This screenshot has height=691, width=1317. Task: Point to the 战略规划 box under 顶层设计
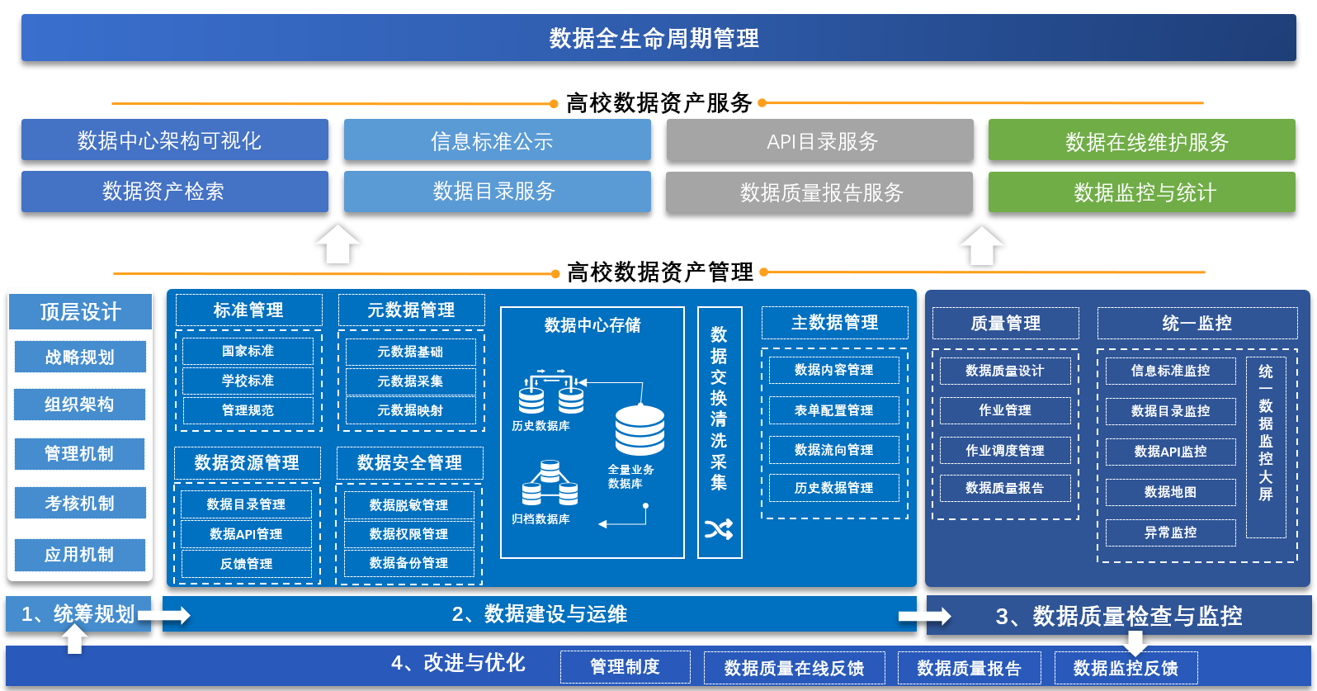pos(80,357)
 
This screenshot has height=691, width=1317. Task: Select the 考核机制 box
pos(80,503)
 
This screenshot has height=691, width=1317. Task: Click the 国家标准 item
pos(248,351)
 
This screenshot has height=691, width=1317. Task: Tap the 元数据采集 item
pos(410,381)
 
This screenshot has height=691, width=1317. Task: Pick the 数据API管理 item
pos(246,533)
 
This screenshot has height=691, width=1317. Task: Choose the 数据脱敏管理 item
pos(408,504)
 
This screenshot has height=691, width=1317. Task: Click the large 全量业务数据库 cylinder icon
pos(640,430)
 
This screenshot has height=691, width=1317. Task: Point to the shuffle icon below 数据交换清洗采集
pos(719,529)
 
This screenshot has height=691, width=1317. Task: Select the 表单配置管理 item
pos(833,410)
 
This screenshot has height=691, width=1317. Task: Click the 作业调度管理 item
pos(1005,450)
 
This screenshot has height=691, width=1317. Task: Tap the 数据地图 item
pos(1170,492)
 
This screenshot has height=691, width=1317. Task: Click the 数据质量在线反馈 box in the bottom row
pos(794,667)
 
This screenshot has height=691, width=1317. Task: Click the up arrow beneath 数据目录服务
pos(338,245)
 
